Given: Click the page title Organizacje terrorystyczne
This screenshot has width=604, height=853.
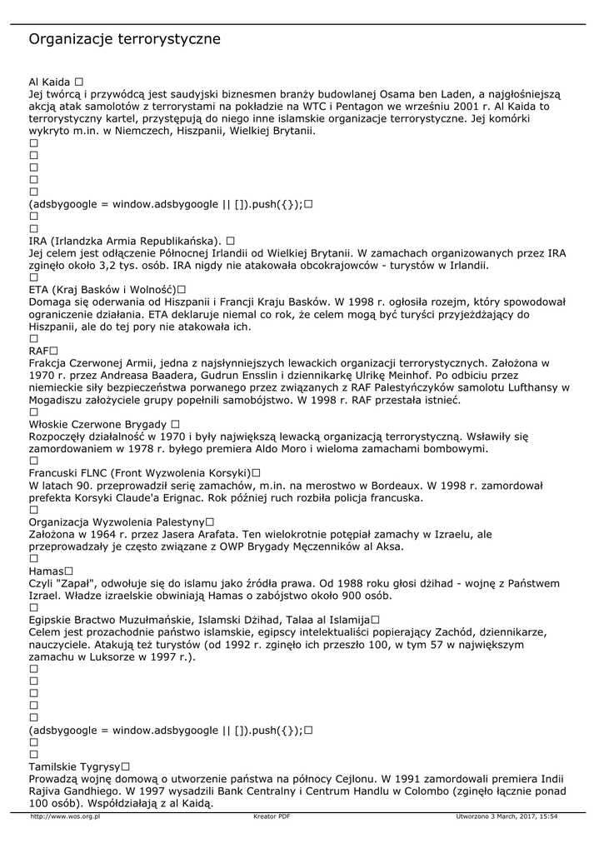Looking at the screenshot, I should coord(124,39).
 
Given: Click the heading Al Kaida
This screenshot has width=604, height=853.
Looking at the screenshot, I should coord(50,82).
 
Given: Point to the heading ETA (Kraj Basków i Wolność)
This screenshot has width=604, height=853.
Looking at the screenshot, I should coord(103,289).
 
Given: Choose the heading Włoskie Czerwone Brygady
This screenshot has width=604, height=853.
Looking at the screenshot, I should coord(98,424).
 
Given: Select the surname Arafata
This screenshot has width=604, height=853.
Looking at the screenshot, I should coord(192,534).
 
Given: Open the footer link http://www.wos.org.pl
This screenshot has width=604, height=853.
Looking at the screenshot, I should coord(65,817).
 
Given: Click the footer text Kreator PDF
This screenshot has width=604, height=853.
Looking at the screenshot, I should coord(272,817).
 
